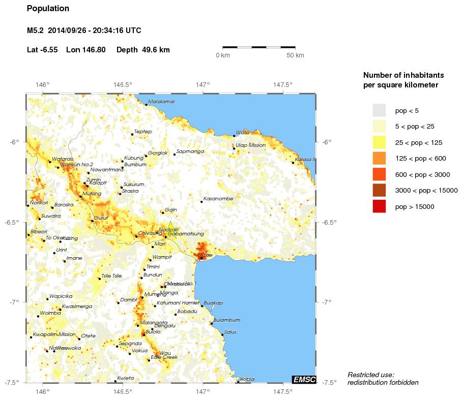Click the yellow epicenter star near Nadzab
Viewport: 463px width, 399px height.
(x=170, y=226)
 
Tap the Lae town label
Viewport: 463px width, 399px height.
(x=207, y=255)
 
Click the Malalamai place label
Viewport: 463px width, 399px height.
(x=161, y=102)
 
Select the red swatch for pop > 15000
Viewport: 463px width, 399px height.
(x=379, y=206)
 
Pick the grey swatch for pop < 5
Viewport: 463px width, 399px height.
(x=379, y=110)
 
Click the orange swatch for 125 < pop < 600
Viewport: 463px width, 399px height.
(x=379, y=159)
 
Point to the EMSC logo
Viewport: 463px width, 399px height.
(x=304, y=379)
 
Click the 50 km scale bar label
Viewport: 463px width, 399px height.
(x=296, y=55)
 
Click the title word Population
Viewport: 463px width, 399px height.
(x=48, y=9)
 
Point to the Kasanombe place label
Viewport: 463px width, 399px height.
(x=218, y=198)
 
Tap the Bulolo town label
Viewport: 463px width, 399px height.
(x=153, y=332)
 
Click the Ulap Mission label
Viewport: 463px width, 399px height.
(x=250, y=145)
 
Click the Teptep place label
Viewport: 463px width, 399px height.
(x=143, y=131)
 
